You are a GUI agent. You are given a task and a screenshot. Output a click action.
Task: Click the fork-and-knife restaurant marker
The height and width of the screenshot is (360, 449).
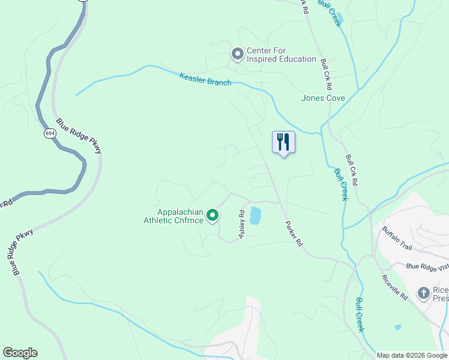point(283,142)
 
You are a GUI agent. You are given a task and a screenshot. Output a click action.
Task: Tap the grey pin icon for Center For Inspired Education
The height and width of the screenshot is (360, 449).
point(237,55)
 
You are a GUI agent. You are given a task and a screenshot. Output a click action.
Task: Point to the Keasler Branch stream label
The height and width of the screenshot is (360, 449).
point(205,79)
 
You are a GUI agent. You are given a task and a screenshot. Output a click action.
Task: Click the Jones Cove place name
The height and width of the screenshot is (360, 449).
point(323,98)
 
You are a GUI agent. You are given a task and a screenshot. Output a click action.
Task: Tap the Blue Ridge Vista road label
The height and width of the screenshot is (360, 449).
point(427,267)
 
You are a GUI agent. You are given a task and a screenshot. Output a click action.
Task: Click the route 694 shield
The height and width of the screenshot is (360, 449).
point(50,133)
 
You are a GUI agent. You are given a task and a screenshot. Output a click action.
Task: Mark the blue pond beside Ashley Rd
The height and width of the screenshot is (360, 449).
point(256,215)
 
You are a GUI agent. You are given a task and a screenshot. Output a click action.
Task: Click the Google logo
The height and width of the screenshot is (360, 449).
point(20,353)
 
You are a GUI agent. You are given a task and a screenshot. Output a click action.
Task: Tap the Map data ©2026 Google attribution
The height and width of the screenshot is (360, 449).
point(412,355)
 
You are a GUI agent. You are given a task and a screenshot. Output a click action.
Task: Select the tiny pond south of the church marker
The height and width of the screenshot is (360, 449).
point(397,328)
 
